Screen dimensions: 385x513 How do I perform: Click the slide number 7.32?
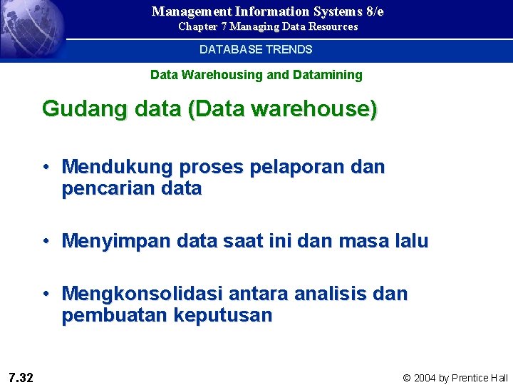pyautogui.click(x=21, y=377)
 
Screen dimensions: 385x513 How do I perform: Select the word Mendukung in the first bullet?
pyautogui.click(x=118, y=168)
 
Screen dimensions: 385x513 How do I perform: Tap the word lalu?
pyautogui.click(x=410, y=241)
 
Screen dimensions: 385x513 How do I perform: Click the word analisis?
pyautogui.click(x=328, y=294)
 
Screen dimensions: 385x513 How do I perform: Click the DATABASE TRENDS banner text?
pyautogui.click(x=256, y=50)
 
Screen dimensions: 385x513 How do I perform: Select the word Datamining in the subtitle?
pyautogui.click(x=330, y=75)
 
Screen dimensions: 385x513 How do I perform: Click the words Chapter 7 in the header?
pyautogui.click(x=202, y=27)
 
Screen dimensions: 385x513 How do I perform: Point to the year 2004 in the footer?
pyautogui.click(x=426, y=378)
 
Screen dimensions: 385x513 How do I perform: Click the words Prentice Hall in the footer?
pyautogui.click(x=480, y=378)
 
